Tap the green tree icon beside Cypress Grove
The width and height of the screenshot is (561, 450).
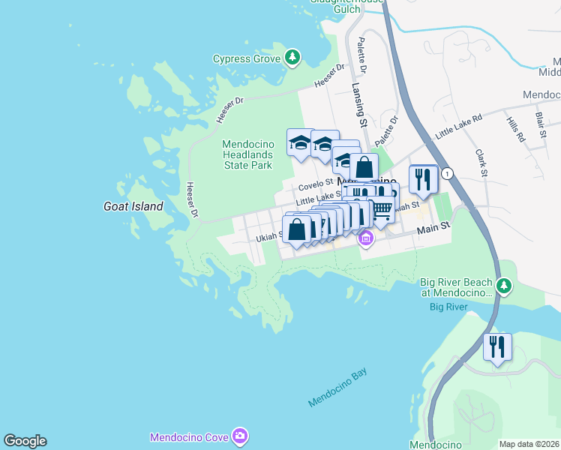pyautogui.click(x=292, y=57)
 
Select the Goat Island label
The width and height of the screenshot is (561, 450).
pyautogui.click(x=133, y=206)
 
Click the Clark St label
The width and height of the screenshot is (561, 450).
pyautogui.click(x=481, y=163)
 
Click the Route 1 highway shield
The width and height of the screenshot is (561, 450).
pyautogui.click(x=448, y=173)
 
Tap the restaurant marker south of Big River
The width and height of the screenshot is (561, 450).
pyautogui.click(x=497, y=347)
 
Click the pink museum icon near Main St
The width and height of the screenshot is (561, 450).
pyautogui.click(x=366, y=239)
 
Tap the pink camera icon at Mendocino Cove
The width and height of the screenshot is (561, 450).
pyautogui.click(x=239, y=436)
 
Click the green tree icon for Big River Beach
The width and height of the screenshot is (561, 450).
pyautogui.click(x=505, y=286)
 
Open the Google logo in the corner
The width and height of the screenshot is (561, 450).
pyautogui.click(x=25, y=441)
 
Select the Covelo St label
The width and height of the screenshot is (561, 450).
pyautogui.click(x=315, y=184)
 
